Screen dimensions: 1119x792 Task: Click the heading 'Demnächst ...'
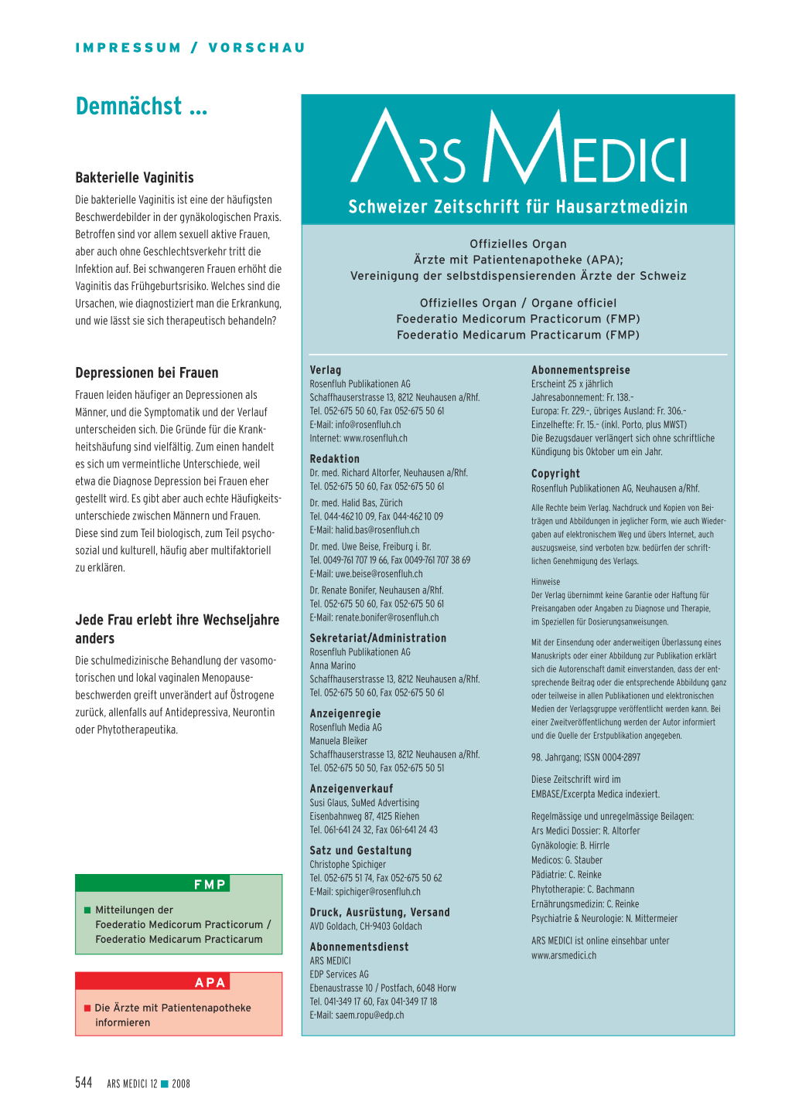(142, 107)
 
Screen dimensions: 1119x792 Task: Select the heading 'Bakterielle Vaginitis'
(135, 178)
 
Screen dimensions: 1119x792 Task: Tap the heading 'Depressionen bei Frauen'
(147, 372)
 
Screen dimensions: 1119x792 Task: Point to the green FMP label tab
(210, 884)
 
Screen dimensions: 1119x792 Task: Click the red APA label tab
(210, 982)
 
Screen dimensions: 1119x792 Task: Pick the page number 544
(84, 1083)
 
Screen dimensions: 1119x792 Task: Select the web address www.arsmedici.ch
(564, 955)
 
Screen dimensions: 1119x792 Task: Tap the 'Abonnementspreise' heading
(581, 370)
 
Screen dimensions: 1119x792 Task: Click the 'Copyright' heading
(555, 474)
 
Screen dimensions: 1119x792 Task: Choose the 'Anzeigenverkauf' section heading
(351, 788)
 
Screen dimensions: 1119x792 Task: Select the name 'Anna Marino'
(333, 665)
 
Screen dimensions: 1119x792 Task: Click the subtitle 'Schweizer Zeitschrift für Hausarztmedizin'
(517, 206)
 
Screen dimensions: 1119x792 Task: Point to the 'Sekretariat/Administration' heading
(378, 638)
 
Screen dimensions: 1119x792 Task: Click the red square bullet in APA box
(87, 1008)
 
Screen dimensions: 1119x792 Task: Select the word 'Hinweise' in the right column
(545, 582)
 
